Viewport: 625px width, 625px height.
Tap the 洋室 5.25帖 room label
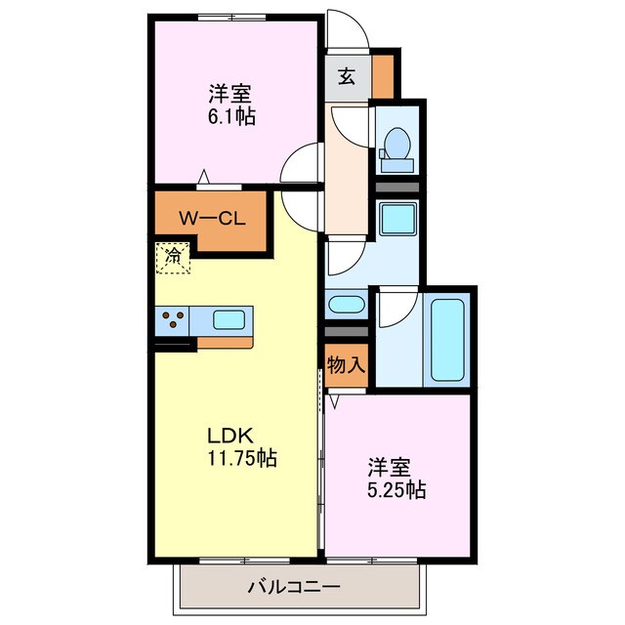tap(396, 479)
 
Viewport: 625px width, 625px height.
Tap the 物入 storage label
tap(347, 366)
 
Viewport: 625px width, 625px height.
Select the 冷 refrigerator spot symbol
tap(173, 257)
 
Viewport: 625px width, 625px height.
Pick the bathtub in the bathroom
tap(447, 342)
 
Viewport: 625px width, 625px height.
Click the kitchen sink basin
tap(229, 319)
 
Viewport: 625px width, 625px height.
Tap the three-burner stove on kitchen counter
tap(174, 319)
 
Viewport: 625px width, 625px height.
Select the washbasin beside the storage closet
tap(346, 305)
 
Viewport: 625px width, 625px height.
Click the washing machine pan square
tap(396, 222)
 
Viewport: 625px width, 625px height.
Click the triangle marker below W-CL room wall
tap(204, 177)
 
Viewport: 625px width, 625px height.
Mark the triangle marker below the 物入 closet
tap(333, 400)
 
